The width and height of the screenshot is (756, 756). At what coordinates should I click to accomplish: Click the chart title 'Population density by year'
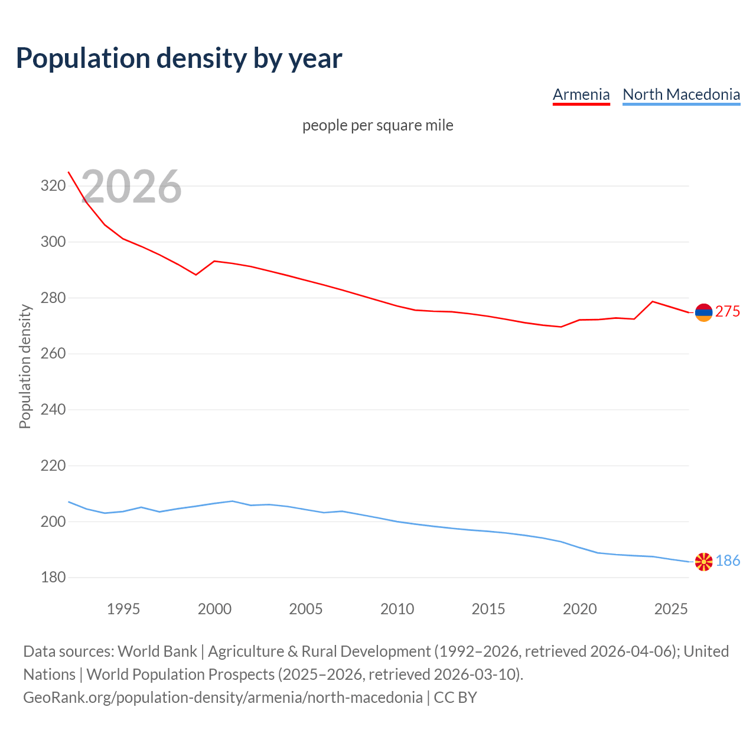coord(179,58)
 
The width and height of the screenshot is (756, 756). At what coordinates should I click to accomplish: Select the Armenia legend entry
coord(581,94)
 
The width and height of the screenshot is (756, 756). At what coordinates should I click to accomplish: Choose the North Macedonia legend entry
coord(681,94)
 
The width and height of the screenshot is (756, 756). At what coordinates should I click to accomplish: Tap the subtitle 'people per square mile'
coord(378,126)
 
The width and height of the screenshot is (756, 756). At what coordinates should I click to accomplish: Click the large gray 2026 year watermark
coord(131,187)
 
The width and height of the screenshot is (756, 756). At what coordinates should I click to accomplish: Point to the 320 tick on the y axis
coord(53,186)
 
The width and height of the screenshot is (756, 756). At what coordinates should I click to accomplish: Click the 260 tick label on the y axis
coord(53,354)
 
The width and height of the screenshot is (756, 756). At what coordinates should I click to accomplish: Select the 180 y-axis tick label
coord(53,578)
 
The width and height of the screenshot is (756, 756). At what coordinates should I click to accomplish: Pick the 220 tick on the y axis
coord(53,466)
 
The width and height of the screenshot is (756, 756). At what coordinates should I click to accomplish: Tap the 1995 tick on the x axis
coord(123,609)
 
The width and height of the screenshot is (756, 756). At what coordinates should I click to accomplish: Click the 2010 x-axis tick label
coord(397,609)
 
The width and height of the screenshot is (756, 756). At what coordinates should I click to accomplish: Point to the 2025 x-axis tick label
coord(671,609)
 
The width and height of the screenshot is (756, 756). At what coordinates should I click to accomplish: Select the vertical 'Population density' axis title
coord(25,366)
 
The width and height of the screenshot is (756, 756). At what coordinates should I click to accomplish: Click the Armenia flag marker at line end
coord(703,312)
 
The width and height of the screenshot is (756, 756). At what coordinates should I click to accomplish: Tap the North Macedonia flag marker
coord(703,562)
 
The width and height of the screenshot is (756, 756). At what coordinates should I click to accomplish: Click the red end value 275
coord(728,312)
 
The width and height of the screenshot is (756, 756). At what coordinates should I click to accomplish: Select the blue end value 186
coord(728,561)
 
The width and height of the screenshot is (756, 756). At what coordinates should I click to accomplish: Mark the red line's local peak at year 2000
coord(214,261)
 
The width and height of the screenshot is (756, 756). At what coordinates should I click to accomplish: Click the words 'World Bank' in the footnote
coord(157,651)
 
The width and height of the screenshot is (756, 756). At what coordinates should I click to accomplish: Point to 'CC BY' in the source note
coord(455,698)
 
